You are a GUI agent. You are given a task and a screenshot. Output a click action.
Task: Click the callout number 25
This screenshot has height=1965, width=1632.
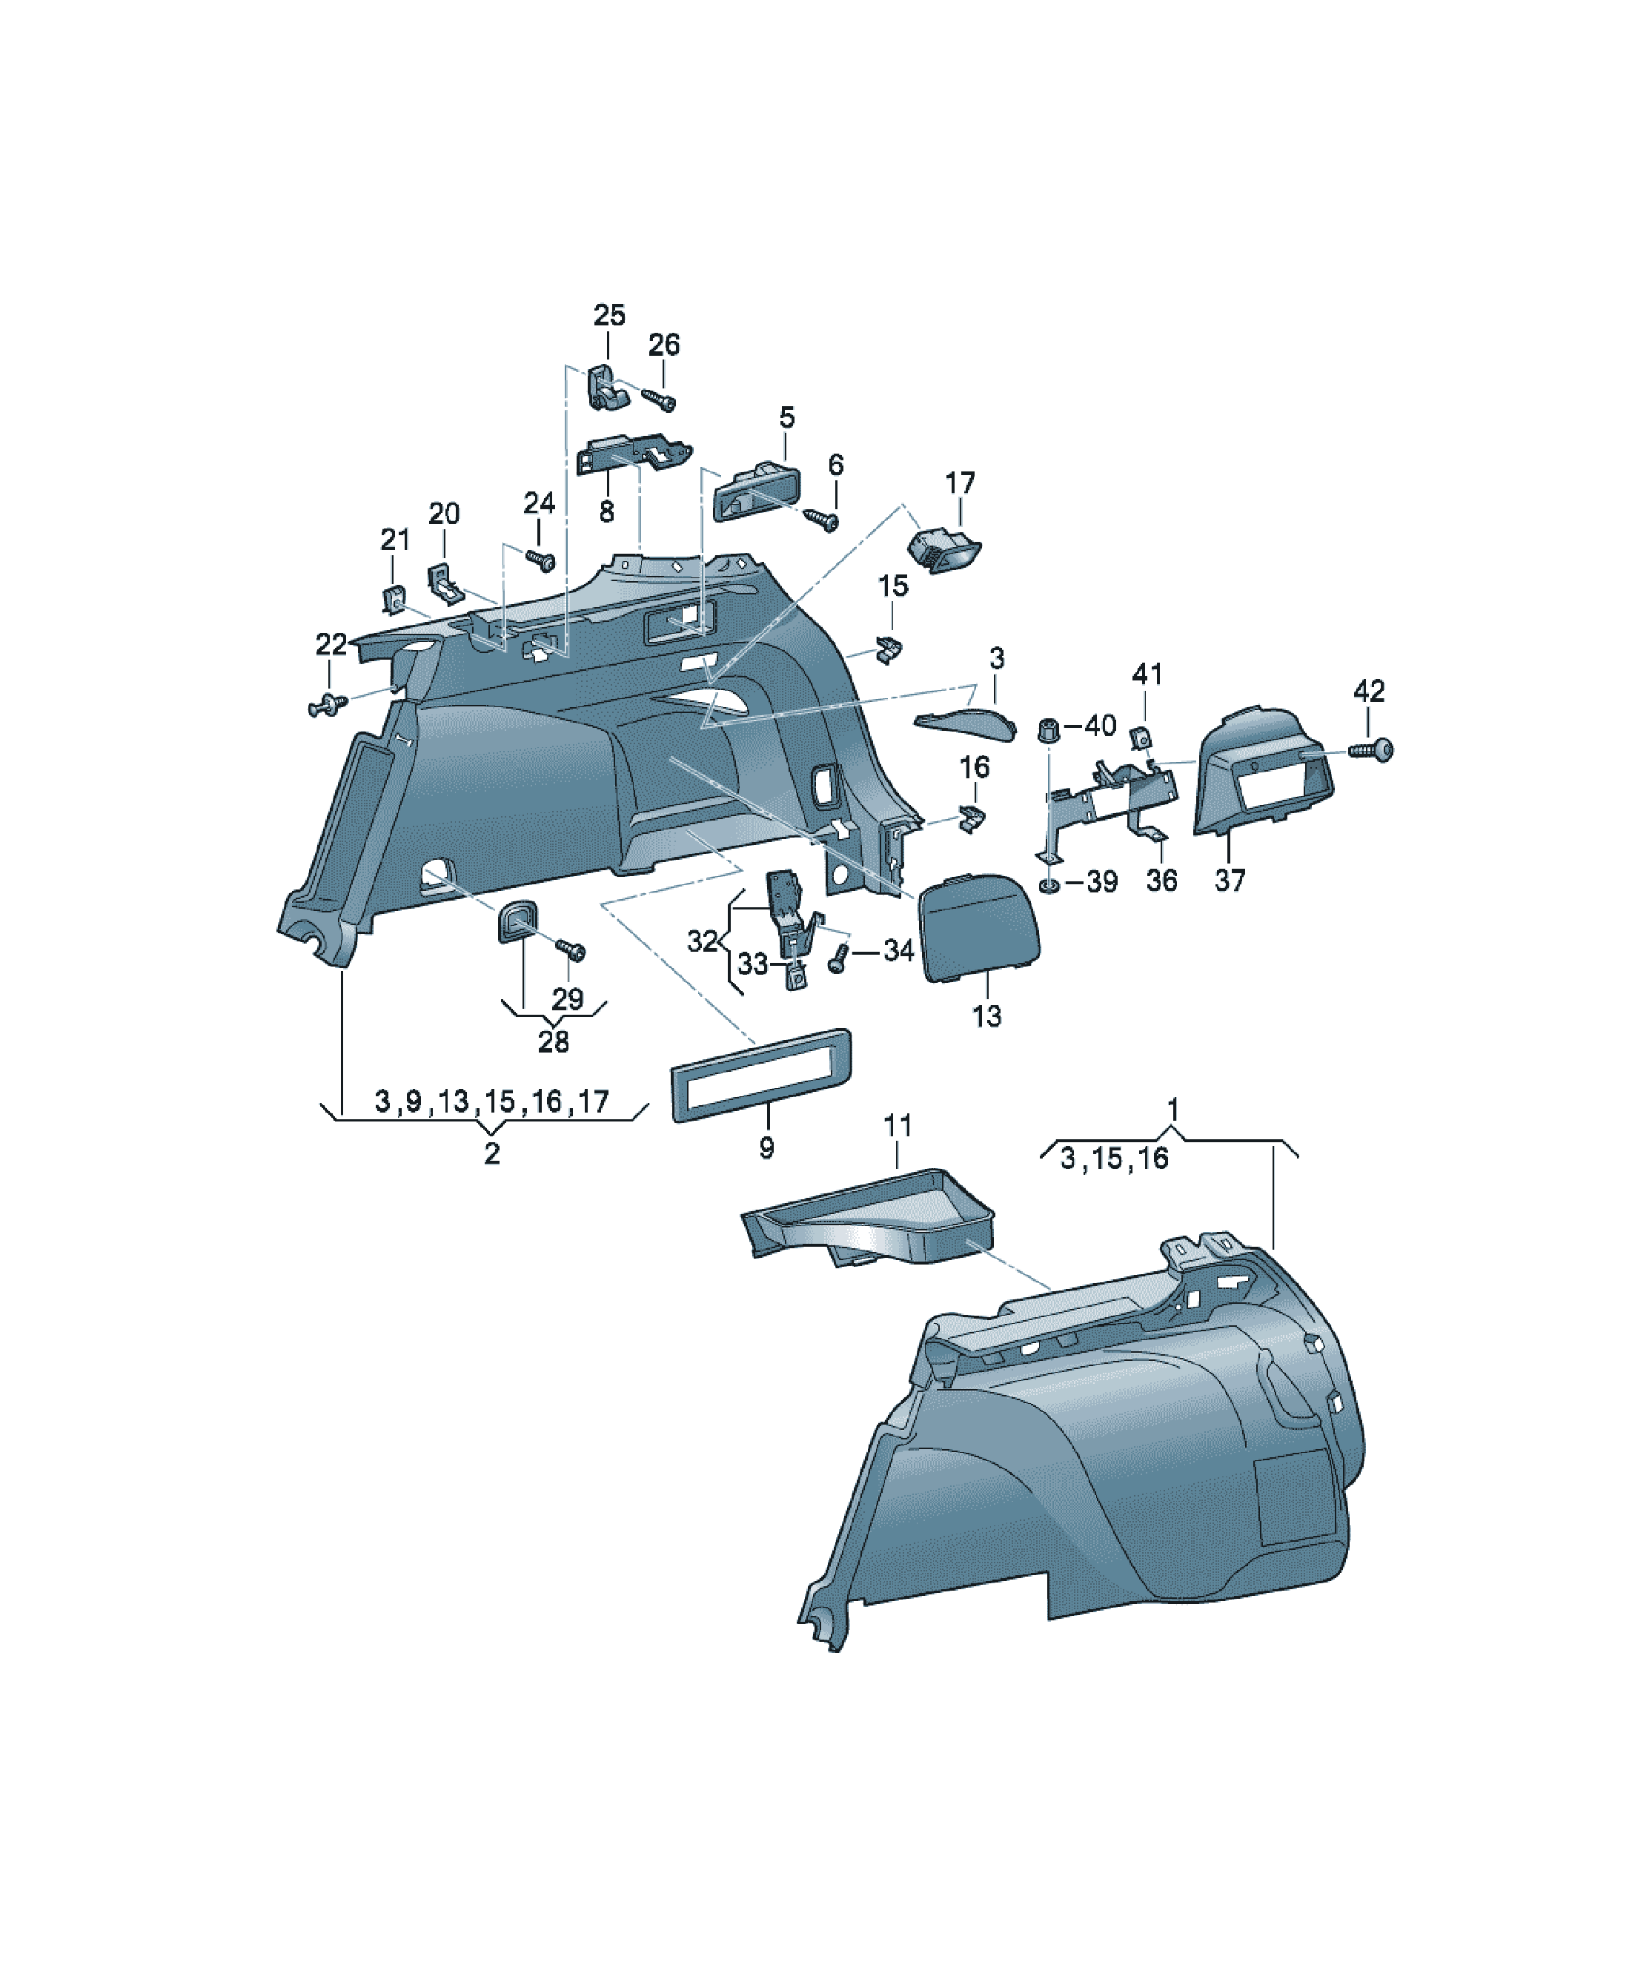[x=609, y=315]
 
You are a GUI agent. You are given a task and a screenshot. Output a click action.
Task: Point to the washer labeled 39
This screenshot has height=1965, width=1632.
[x=1049, y=884]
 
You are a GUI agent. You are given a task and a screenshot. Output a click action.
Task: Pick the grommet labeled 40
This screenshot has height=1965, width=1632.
[x=1049, y=730]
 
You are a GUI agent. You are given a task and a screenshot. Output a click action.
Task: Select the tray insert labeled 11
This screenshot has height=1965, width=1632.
[x=869, y=1216]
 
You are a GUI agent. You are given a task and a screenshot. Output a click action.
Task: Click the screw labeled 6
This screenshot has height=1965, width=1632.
[x=823, y=520]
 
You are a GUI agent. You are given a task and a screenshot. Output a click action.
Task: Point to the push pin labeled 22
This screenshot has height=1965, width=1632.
[x=328, y=703]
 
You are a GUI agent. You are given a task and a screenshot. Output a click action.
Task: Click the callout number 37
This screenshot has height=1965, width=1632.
[x=1230, y=881]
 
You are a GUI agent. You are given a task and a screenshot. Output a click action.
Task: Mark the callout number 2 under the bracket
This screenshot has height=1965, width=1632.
[x=492, y=1154]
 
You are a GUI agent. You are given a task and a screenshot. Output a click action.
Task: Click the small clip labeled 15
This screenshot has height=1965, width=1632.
[x=890, y=648]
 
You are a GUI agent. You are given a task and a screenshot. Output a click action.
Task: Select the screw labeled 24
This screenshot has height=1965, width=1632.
[x=541, y=560]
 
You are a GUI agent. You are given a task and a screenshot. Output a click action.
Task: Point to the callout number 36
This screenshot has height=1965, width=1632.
[x=1161, y=881]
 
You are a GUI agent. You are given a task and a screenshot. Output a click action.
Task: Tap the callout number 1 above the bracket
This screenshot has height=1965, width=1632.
[x=1173, y=1110]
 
